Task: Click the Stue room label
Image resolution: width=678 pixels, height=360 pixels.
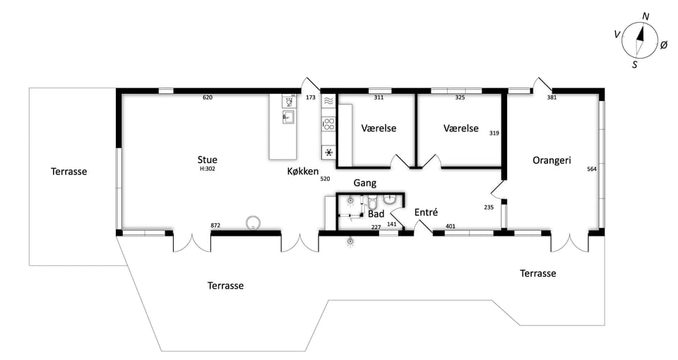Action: click(207, 160)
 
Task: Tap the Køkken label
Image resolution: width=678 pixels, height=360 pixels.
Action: click(303, 172)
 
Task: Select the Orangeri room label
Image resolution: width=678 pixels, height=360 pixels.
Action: click(552, 160)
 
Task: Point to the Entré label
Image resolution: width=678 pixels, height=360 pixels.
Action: click(426, 212)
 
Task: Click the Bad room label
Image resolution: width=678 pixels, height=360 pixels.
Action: click(376, 214)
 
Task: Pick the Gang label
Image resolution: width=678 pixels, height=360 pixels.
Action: click(365, 184)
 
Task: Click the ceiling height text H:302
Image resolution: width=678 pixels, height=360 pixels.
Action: click(207, 169)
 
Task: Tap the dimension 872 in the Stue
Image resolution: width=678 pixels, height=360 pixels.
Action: click(215, 225)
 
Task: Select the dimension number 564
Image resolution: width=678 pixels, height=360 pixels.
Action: click(592, 169)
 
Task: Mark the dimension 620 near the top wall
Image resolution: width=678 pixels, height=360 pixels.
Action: click(208, 97)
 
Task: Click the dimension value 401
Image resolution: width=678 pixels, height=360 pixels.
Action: click(450, 226)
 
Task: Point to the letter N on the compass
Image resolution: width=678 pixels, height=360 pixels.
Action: click(646, 17)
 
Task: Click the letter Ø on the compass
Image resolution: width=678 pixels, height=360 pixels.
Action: click(664, 44)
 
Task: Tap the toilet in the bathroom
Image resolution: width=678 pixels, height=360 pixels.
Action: click(373, 203)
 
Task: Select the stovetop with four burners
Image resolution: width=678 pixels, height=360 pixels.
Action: click(328, 124)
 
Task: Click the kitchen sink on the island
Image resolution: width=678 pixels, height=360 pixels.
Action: click(288, 117)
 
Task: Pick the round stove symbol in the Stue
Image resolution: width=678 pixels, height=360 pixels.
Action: click(253, 223)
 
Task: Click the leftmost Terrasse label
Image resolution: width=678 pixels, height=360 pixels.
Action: click(69, 172)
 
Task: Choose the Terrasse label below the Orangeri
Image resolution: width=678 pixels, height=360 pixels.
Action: click(538, 274)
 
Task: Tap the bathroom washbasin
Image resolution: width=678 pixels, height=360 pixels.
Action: click(390, 199)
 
